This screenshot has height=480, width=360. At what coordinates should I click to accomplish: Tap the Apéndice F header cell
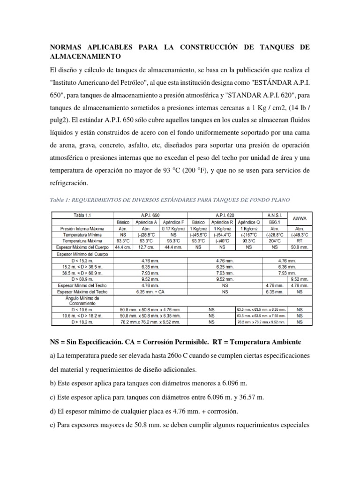[x=174, y=221]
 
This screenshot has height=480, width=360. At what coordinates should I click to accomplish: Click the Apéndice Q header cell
[x=249, y=221]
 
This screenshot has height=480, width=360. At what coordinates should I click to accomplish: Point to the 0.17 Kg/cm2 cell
[x=174, y=228]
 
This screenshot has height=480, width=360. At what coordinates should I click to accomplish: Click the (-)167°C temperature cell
[x=249, y=234]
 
